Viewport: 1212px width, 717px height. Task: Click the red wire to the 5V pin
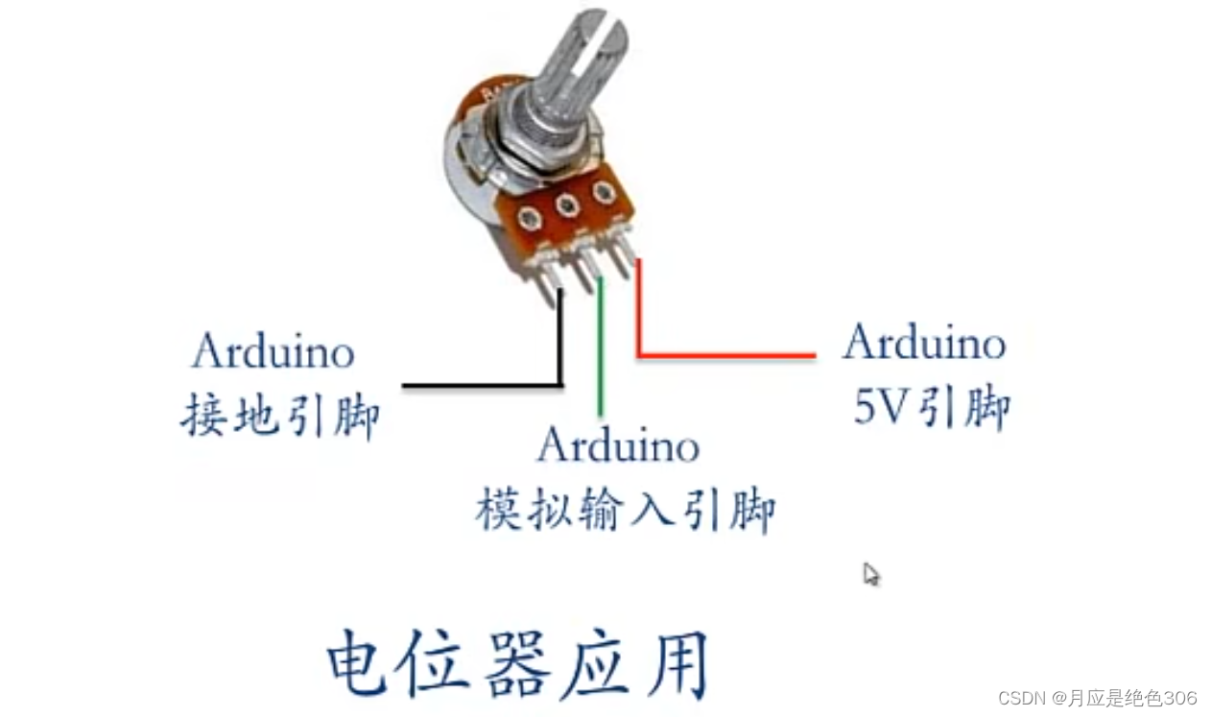725,356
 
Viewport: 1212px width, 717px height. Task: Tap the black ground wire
480,385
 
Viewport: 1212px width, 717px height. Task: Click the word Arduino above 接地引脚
273,351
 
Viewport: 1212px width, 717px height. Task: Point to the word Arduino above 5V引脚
924,343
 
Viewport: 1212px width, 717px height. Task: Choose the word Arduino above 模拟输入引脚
618,444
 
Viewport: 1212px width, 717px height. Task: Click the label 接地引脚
279,417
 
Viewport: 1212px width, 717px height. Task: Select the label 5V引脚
931,408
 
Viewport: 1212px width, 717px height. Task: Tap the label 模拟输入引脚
625,511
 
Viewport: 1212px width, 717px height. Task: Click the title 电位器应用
518,663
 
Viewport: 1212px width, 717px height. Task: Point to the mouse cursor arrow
869,573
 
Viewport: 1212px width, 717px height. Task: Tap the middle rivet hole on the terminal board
567,204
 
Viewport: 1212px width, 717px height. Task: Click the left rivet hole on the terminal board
531,220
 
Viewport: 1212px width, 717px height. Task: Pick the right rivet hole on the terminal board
603,192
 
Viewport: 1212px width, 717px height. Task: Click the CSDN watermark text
1097,698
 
